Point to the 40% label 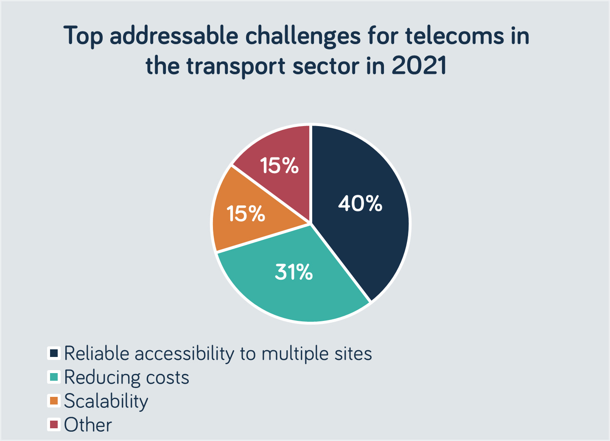pyautogui.click(x=360, y=203)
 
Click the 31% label pyautogui.click(x=294, y=272)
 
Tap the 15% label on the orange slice pyautogui.click(x=246, y=213)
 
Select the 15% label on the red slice pyautogui.click(x=279, y=165)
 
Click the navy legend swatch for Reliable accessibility pyautogui.click(x=54, y=353)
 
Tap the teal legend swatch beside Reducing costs pyautogui.click(x=54, y=377)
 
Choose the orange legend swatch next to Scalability pyautogui.click(x=54, y=401)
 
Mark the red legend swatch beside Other pyautogui.click(x=54, y=424)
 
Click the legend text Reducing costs pyautogui.click(x=126, y=377)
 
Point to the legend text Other pyautogui.click(x=88, y=425)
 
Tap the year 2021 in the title pyautogui.click(x=419, y=66)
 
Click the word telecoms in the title pyautogui.click(x=454, y=36)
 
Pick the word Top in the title pyautogui.click(x=83, y=37)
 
